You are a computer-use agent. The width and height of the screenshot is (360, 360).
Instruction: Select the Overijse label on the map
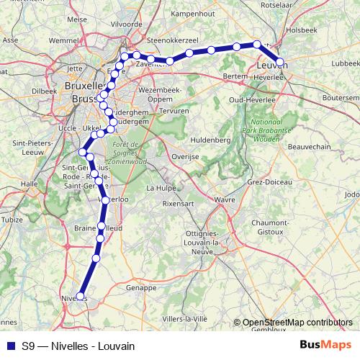185,156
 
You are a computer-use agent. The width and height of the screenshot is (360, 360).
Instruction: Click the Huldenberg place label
210,139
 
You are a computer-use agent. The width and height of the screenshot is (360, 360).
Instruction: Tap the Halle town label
29,184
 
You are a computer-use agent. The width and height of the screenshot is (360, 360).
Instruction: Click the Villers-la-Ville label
184,318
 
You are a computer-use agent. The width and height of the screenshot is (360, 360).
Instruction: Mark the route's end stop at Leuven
279,63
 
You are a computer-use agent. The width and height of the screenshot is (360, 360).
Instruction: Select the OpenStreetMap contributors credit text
297,323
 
